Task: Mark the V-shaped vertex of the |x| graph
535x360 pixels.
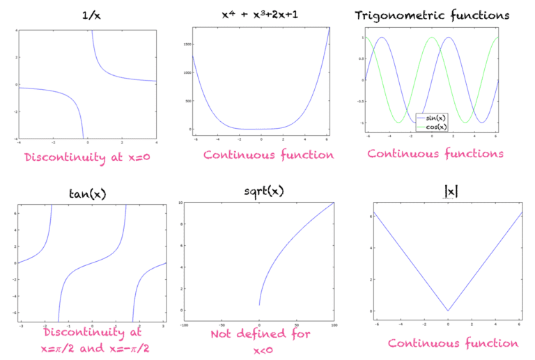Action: (449, 311)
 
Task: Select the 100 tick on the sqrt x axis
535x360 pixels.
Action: (334, 324)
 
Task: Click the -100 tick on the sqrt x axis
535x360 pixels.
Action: (185, 324)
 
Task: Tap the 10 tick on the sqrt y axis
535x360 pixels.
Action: (180, 203)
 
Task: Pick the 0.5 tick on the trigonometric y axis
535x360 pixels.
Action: (362, 58)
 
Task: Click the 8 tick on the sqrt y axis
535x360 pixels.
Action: (180, 224)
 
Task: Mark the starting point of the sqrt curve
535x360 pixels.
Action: (260, 304)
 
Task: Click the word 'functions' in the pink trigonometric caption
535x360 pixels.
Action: (475, 153)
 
